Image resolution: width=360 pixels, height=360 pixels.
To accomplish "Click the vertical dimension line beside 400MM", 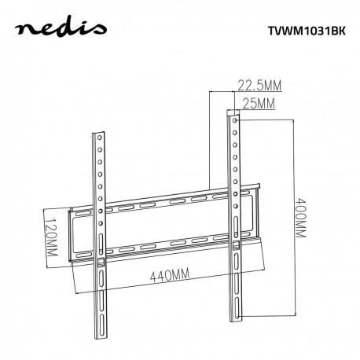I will point(292,220).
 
